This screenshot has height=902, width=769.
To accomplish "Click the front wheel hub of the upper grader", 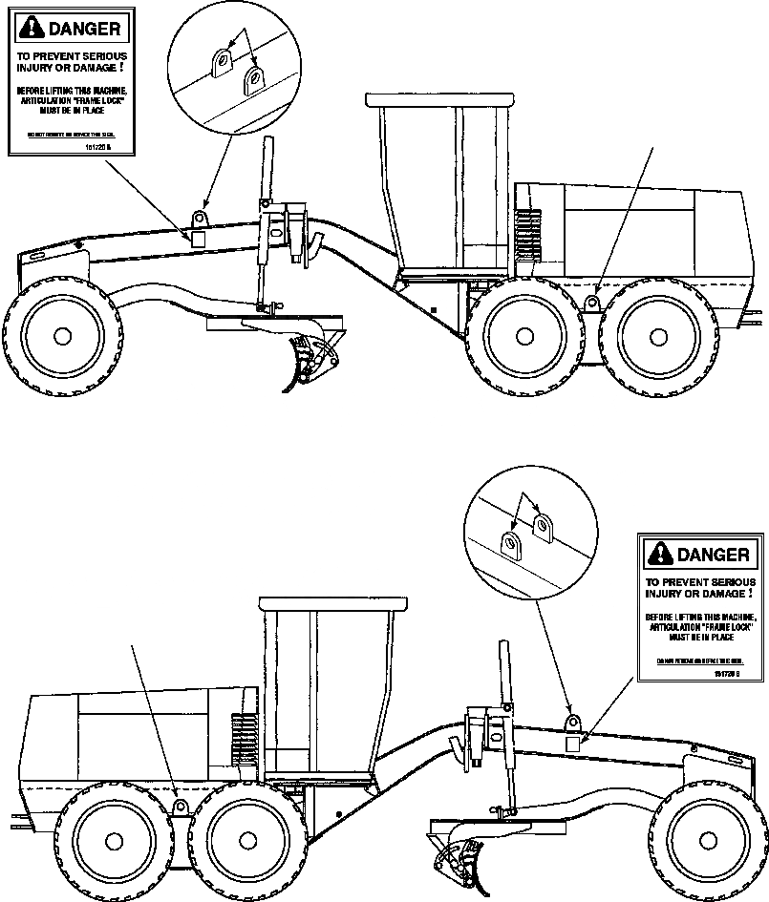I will (x=62, y=335).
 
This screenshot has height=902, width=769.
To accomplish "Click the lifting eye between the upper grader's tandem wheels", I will (x=592, y=303).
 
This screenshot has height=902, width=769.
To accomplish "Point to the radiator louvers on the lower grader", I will (x=244, y=735).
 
